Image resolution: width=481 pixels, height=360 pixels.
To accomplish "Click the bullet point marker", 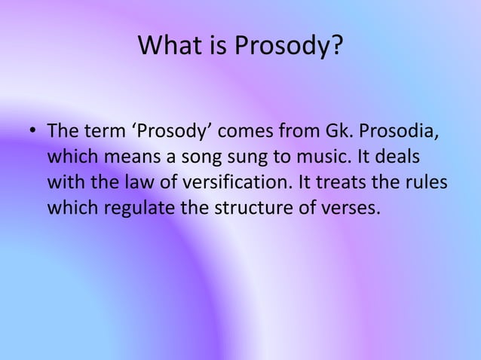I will point(33,135).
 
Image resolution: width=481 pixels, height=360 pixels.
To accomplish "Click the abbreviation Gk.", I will point(333,134).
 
